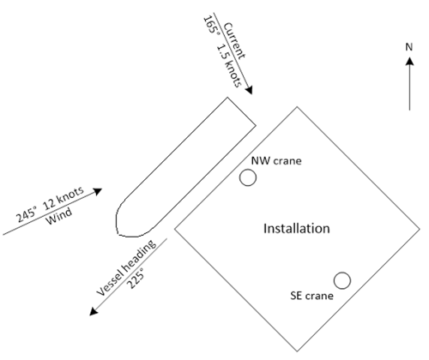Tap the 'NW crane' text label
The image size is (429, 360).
[276, 161]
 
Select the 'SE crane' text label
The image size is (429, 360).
[311, 296]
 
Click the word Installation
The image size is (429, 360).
[297, 229]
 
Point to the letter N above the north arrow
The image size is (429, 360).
[409, 47]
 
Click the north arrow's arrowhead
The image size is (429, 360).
[409, 61]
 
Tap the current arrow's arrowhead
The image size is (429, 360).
[250, 90]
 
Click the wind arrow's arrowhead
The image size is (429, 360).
[98, 191]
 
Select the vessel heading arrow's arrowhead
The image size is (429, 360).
[94, 311]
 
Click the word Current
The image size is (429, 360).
[234, 41]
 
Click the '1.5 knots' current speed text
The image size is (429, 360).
[229, 66]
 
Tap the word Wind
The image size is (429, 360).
[59, 217]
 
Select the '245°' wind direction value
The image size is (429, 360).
[27, 214]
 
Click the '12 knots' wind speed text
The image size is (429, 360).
[63, 198]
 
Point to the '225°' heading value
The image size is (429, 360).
[135, 279]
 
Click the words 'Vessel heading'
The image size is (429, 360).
[126, 268]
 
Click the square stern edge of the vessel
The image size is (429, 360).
[242, 111]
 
